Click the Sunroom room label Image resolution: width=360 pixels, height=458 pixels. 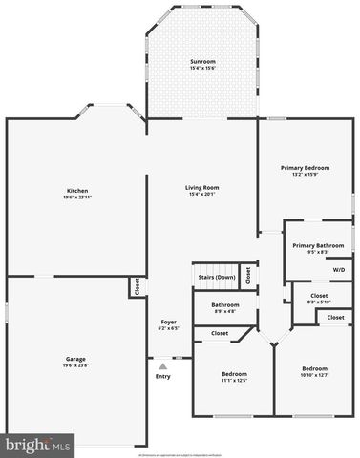click(x=202, y=62)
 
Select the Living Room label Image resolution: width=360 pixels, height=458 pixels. click(x=202, y=187)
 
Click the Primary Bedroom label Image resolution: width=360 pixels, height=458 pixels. click(x=305, y=168)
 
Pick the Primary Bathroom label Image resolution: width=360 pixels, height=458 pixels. click(x=318, y=245)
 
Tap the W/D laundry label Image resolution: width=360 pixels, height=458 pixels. click(x=339, y=270)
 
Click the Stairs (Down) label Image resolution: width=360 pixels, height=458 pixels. click(x=217, y=277)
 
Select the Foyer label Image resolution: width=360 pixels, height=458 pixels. click(x=168, y=322)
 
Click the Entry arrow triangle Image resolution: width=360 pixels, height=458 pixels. click(x=163, y=364)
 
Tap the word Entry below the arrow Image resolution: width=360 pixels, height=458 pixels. click(x=163, y=375)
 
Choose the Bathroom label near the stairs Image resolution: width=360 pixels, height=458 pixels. click(x=225, y=305)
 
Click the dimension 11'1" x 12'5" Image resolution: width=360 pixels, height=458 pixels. click(x=234, y=380)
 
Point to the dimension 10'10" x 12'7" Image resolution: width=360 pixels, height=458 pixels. click(x=315, y=375)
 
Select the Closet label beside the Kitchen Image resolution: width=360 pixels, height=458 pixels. click(x=138, y=286)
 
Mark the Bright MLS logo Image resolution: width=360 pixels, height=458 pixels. click(x=38, y=445)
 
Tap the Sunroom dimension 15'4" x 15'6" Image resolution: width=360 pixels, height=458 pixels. click(x=202, y=69)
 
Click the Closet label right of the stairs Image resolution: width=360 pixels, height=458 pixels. click(x=248, y=275)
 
